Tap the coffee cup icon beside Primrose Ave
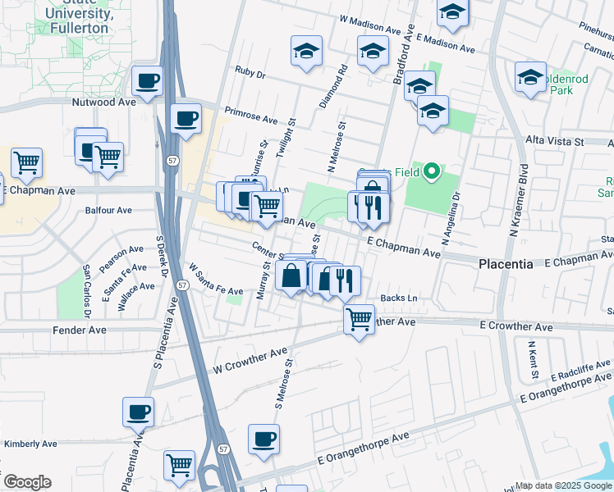click(186, 118)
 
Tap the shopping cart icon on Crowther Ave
click(359, 318)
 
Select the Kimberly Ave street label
click(30, 444)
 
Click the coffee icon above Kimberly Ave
click(138, 412)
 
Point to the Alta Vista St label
click(554, 142)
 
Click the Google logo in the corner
click(27, 482)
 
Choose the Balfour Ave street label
click(108, 211)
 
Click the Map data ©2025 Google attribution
click(563, 485)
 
